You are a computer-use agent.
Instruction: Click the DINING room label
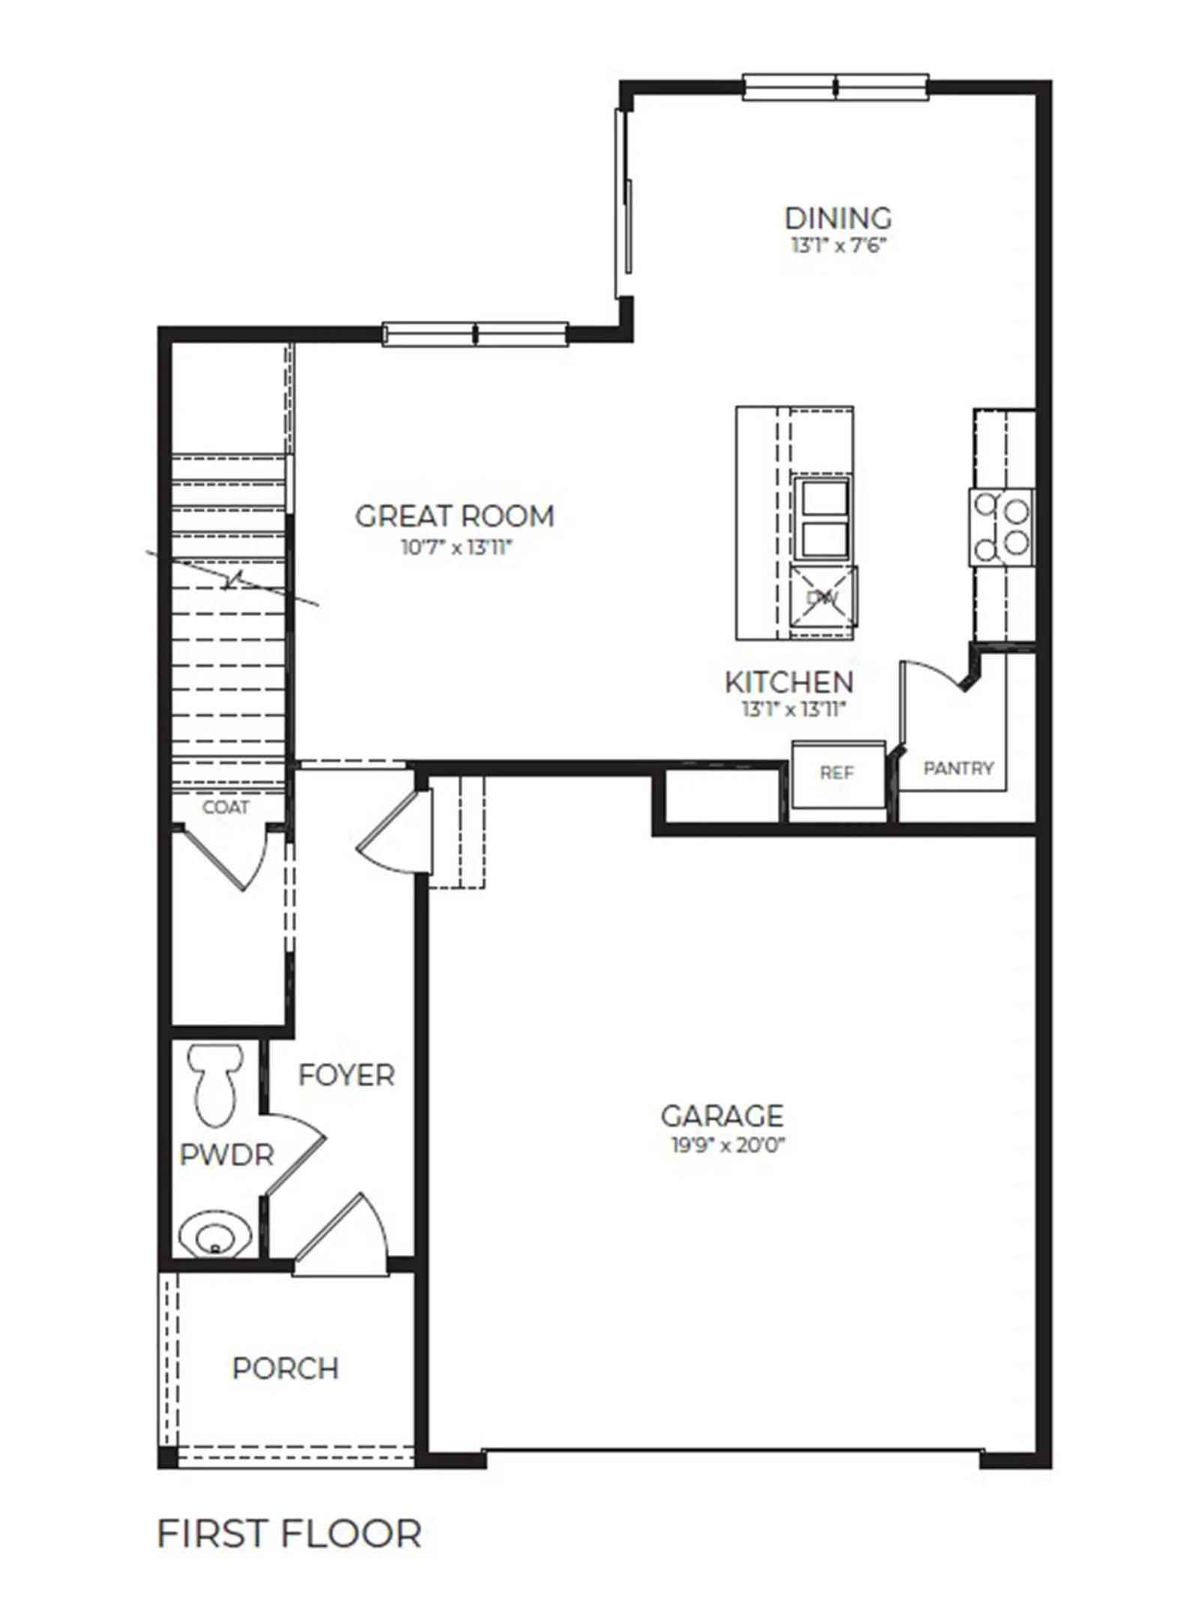click(x=838, y=218)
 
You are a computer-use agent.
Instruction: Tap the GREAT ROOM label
click(x=455, y=516)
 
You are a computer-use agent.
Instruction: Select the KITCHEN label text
click(x=789, y=681)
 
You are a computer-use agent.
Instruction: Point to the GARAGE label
click(x=722, y=1115)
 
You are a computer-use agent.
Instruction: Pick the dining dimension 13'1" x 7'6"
click(x=839, y=245)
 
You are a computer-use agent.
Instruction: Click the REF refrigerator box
click(x=839, y=774)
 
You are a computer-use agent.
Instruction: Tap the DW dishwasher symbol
click(x=823, y=597)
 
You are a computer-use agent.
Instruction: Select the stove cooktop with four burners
click(x=1002, y=527)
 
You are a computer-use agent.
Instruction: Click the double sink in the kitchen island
click(x=824, y=519)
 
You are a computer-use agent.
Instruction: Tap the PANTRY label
click(x=958, y=768)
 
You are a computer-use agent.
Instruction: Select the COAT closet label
click(x=226, y=807)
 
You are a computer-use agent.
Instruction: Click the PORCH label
click(x=286, y=1369)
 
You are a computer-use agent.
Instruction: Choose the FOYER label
click(x=346, y=1075)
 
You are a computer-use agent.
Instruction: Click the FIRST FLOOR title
click(x=289, y=1533)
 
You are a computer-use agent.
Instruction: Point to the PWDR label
click(x=227, y=1155)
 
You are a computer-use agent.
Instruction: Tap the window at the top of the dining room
click(x=836, y=86)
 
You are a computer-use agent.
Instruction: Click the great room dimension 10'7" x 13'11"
click(x=456, y=547)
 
